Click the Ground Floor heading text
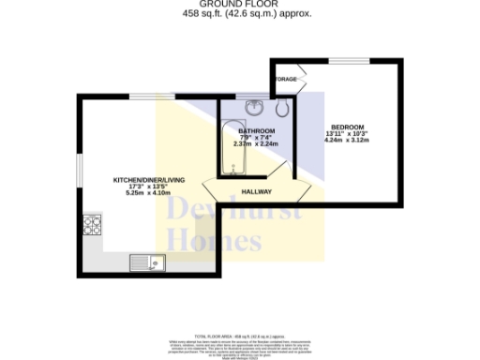click(240, 5)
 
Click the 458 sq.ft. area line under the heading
click(240, 14)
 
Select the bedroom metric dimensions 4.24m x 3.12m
click(347, 141)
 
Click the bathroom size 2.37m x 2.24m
click(255, 144)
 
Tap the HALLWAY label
click(257, 191)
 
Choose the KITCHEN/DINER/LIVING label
click(142, 179)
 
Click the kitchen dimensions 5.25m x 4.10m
click(142, 193)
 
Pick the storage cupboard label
click(285, 80)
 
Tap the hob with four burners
click(93, 225)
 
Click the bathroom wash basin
click(252, 106)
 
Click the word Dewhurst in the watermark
click(234, 212)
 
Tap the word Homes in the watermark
click(216, 241)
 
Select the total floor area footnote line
click(240, 335)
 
